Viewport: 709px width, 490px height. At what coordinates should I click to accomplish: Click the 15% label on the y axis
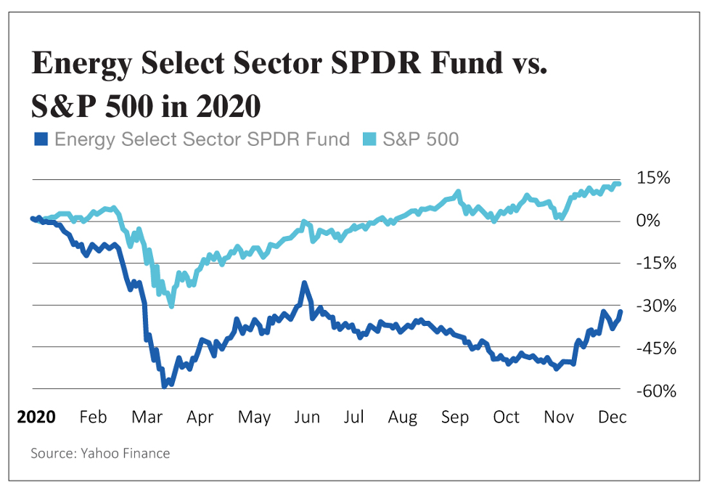[653, 178]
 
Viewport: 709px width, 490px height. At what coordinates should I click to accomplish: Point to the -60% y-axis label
[656, 391]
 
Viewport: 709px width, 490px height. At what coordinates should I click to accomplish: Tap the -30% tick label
[656, 306]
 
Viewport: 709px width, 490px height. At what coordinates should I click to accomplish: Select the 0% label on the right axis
[648, 220]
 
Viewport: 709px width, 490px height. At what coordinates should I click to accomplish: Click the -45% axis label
[656, 348]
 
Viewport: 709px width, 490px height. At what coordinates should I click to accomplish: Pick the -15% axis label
[656, 263]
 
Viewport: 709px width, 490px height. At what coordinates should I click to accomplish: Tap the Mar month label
[147, 417]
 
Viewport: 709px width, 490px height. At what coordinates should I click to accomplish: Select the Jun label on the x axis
[307, 417]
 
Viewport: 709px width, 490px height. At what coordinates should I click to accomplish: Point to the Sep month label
[455, 417]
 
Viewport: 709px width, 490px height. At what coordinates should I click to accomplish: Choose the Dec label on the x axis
[612, 417]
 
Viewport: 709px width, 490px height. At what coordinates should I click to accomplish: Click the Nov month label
[559, 417]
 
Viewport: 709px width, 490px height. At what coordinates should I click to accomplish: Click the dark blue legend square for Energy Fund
[41, 139]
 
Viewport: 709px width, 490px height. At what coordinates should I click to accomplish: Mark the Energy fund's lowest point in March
[165, 386]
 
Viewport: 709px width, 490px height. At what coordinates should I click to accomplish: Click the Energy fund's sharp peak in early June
[305, 283]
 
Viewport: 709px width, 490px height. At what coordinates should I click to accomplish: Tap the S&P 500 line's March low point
[171, 306]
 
